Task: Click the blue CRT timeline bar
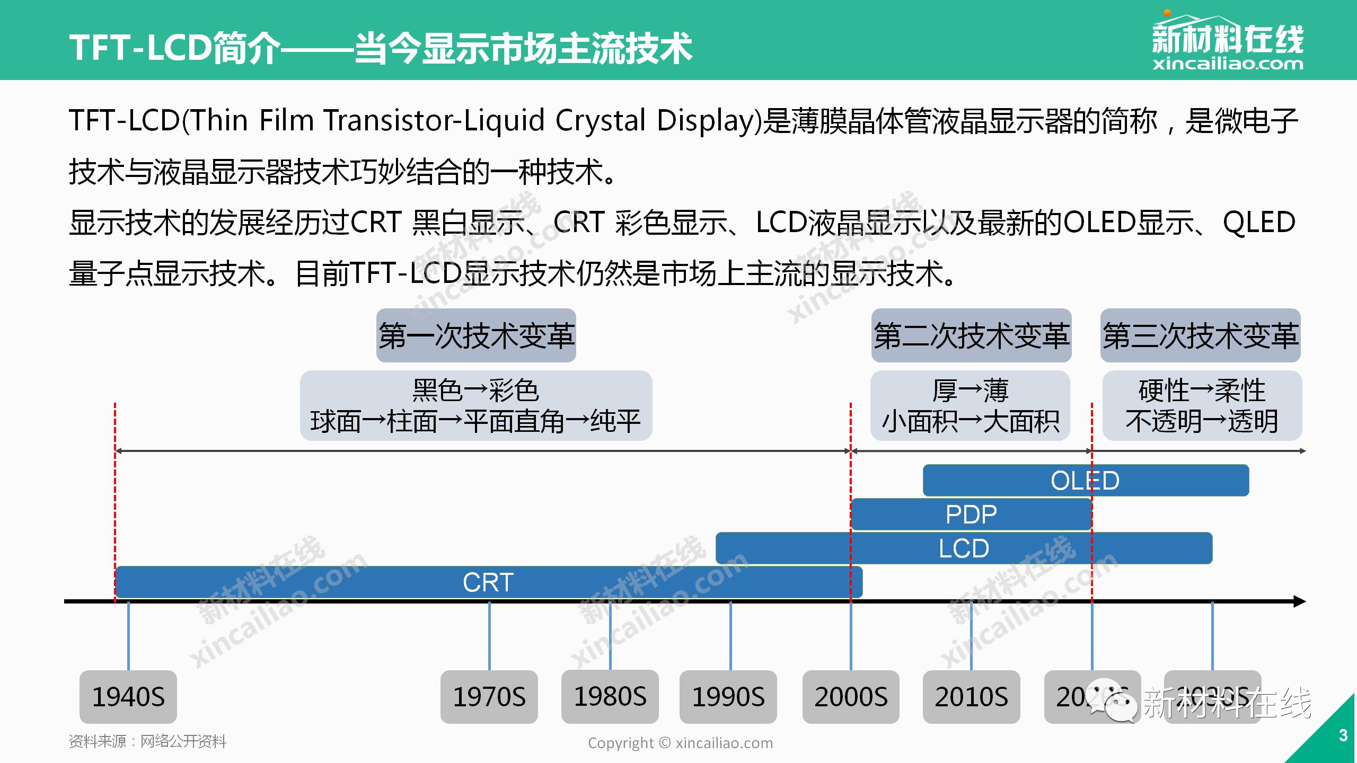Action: (488, 582)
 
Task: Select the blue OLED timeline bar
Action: (1085, 481)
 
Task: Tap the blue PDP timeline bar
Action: (971, 514)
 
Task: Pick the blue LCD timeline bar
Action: (964, 548)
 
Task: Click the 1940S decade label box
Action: (128, 697)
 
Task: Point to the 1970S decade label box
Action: (489, 697)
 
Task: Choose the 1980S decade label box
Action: (610, 697)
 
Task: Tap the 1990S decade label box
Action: (728, 697)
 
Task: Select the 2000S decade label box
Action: (851, 697)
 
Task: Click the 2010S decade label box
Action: (971, 697)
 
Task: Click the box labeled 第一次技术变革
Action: (476, 336)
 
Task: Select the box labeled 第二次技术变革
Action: (971, 336)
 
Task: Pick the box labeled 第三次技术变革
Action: (1200, 336)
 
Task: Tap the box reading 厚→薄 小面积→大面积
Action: (970, 406)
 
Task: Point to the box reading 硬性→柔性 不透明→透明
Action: (1202, 406)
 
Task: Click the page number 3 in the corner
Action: (1343, 735)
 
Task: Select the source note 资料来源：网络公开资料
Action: (147, 741)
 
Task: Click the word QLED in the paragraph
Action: (1259, 223)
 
